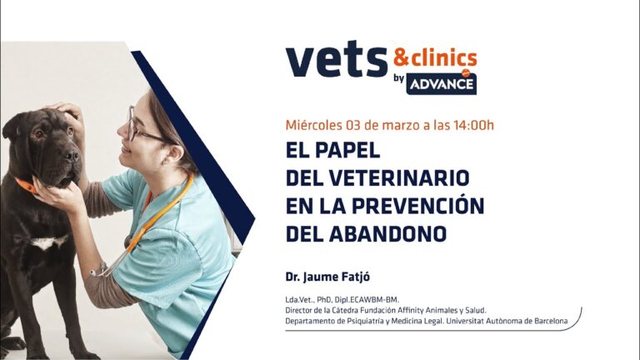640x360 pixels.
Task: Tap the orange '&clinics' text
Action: click(435, 57)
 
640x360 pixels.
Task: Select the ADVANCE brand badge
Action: click(446, 84)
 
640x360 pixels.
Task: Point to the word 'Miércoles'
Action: click(314, 126)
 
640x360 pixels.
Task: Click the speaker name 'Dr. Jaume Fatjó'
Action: click(326, 275)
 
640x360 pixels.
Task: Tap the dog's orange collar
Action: click(26, 185)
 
